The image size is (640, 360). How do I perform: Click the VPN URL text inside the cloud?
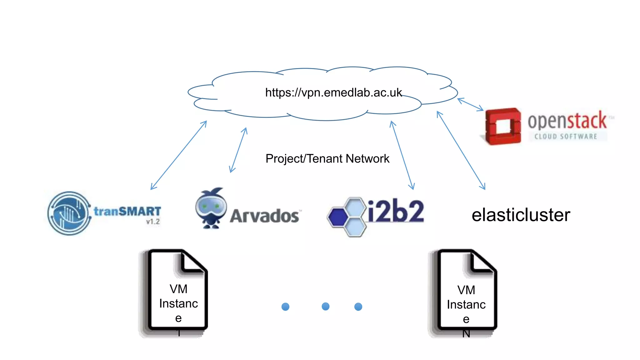click(333, 92)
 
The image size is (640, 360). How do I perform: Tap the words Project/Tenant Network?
click(327, 159)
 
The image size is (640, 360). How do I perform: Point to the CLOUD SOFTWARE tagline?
click(566, 137)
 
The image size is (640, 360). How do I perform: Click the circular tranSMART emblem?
click(69, 213)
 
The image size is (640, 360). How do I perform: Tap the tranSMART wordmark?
click(127, 211)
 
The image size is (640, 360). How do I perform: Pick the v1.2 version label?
click(153, 222)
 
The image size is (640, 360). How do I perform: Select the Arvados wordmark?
click(264, 216)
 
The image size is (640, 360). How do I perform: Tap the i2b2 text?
click(396, 211)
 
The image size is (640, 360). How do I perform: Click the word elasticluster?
click(521, 215)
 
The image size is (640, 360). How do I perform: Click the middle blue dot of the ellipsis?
click(325, 306)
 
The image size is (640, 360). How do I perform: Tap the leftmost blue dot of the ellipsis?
click(285, 307)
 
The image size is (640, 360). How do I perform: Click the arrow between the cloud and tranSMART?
click(178, 155)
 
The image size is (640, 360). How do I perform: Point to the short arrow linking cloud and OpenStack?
click(470, 104)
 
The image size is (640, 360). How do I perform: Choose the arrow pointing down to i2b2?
click(402, 155)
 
